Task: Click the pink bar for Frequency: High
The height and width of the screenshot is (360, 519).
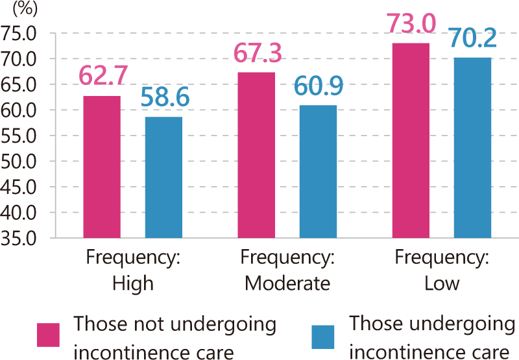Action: coord(102,167)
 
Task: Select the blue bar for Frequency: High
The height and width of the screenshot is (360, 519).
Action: coord(163,177)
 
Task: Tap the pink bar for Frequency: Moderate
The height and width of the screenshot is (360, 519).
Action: coord(256,155)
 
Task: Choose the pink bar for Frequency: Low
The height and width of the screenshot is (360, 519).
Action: coord(411,140)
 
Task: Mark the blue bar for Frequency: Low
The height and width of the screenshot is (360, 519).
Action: coord(472,147)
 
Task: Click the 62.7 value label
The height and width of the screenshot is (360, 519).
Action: coord(102,75)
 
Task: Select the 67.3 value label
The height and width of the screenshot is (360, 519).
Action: coord(258,53)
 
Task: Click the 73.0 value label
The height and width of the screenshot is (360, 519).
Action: coord(411,24)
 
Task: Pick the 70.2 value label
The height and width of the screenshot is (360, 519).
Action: coord(473,38)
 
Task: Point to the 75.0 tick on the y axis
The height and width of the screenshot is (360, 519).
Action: coord(22,33)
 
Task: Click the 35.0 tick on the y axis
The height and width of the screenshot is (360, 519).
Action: coord(22,238)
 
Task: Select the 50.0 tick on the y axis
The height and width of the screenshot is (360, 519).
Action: coord(22,162)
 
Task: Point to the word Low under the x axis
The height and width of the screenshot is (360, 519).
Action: coord(441,283)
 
